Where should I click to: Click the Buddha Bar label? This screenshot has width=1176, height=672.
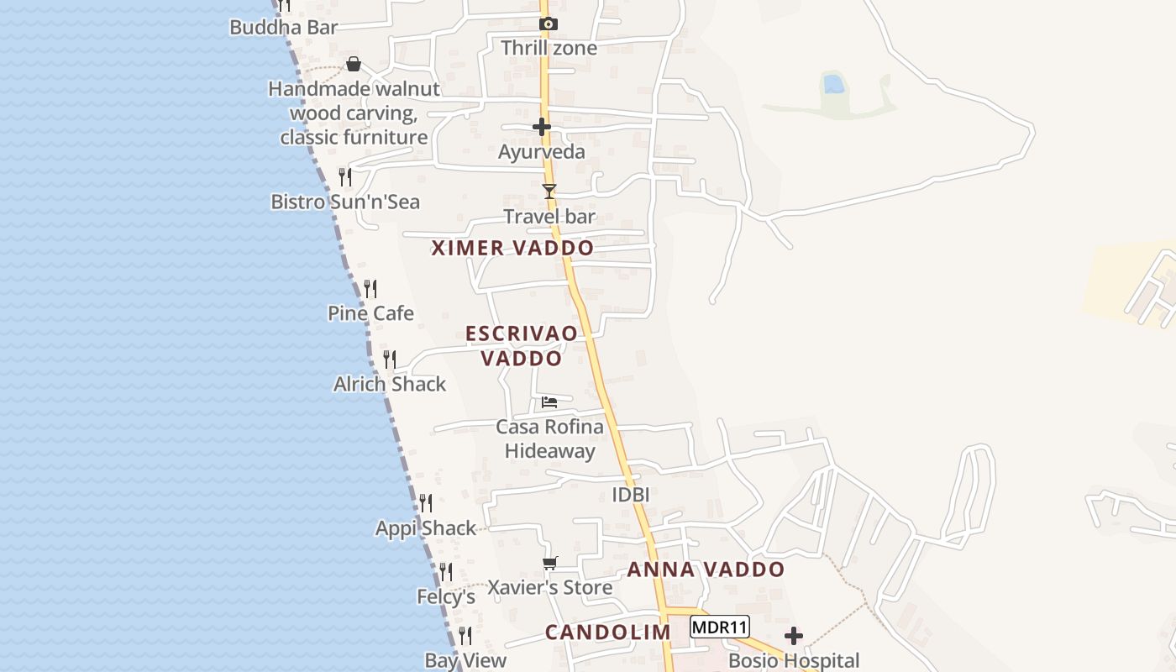[283, 28]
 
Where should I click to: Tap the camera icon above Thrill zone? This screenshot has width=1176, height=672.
[548, 24]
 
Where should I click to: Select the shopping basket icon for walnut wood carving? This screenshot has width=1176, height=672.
[354, 64]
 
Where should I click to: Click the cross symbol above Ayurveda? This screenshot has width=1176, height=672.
[542, 127]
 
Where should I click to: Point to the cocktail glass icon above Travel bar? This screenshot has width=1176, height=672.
[549, 192]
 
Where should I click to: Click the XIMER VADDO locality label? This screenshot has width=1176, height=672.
[512, 248]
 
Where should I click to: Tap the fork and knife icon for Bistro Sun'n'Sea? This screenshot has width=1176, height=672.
[345, 176]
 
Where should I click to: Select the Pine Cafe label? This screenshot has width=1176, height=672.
[370, 313]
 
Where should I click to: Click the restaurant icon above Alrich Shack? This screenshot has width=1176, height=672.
[390, 360]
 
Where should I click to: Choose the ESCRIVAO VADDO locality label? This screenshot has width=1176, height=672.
[522, 345]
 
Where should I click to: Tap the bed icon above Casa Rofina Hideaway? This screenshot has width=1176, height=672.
[549, 402]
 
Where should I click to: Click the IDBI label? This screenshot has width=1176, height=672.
[630, 495]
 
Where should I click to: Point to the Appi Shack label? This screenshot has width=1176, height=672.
[425, 528]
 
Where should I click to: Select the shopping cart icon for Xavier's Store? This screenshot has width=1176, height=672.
[549, 563]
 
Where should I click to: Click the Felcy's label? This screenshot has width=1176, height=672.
[446, 597]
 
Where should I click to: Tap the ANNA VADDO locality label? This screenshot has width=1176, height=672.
[706, 570]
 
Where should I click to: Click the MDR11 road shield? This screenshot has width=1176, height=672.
[720, 627]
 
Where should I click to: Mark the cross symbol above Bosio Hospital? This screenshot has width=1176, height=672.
[794, 636]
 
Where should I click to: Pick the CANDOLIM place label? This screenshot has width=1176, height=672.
[608, 633]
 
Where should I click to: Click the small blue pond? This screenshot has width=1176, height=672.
[833, 84]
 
